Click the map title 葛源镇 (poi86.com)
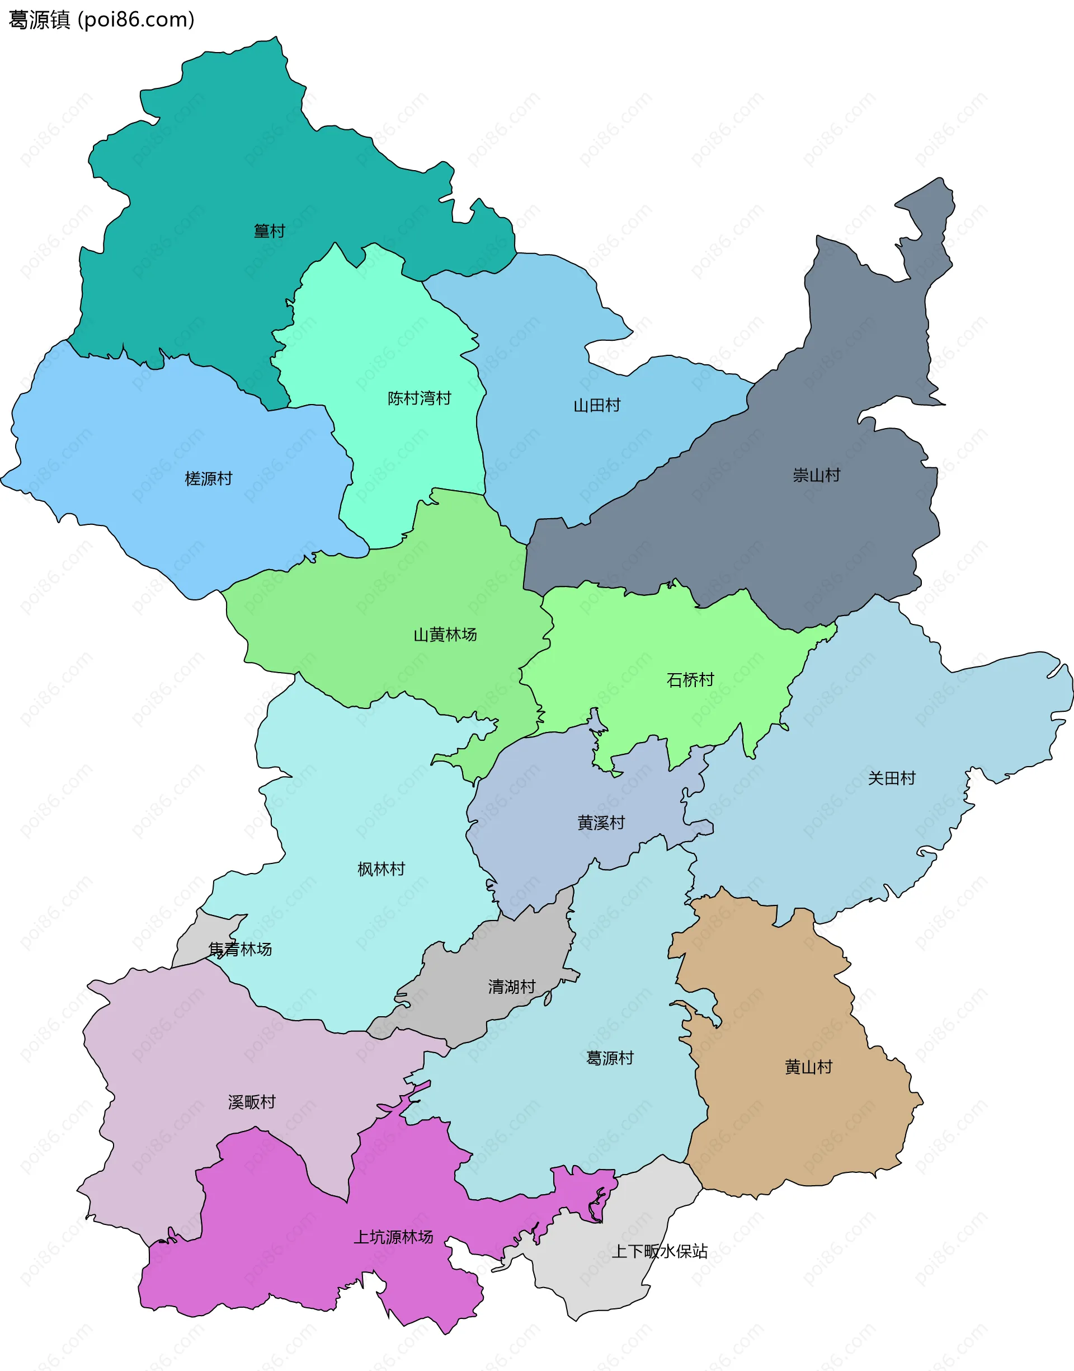pyautogui.click(x=101, y=20)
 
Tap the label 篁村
pyautogui.click(x=269, y=231)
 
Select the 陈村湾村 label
pyautogui.click(x=419, y=398)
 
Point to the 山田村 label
pyautogui.click(x=597, y=406)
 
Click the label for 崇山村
pyautogui.click(x=816, y=476)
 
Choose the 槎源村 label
pyautogui.click(x=208, y=479)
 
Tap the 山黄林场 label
pyautogui.click(x=445, y=635)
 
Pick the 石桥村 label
pyautogui.click(x=690, y=680)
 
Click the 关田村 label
pyautogui.click(x=891, y=778)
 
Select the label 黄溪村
pyautogui.click(x=601, y=823)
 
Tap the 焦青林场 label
pyautogui.click(x=240, y=950)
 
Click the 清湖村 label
pyautogui.click(x=511, y=987)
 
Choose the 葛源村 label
pyautogui.click(x=609, y=1058)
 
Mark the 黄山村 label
pyautogui.click(x=808, y=1067)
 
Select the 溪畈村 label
pyautogui.click(x=252, y=1102)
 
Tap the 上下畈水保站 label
pyautogui.click(x=660, y=1251)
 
